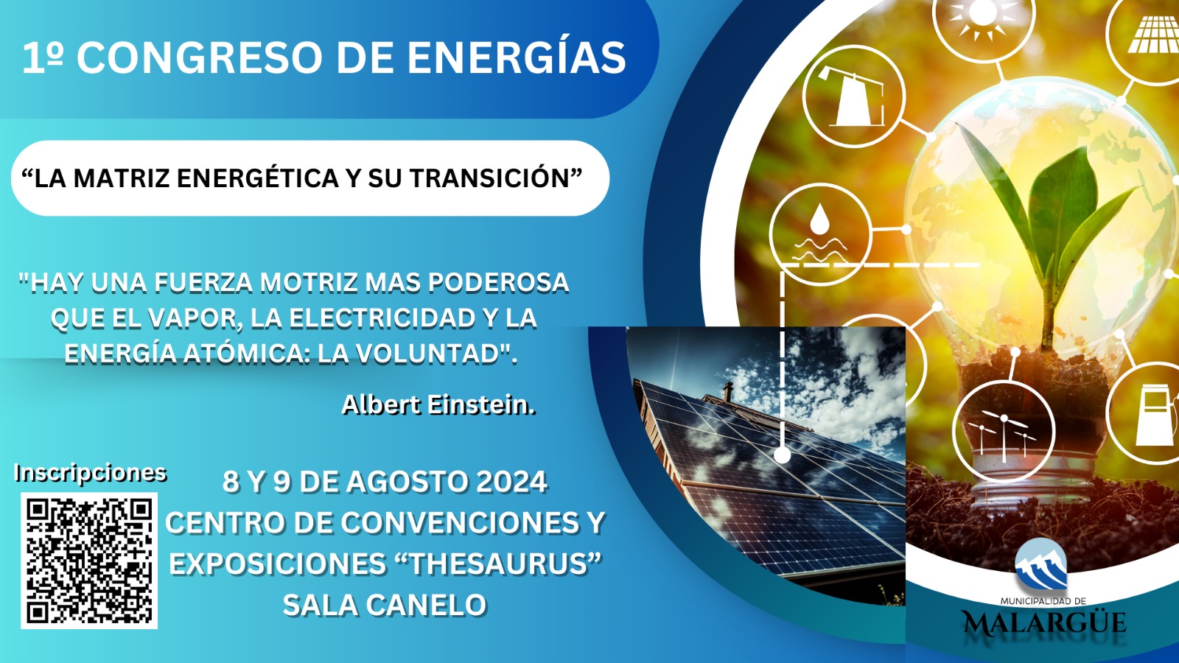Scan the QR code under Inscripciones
(x=89, y=561)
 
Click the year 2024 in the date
(x=511, y=482)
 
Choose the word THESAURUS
(x=498, y=564)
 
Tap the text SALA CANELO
(x=385, y=605)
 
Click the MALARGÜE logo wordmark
(x=1043, y=623)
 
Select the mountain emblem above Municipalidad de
(x=1040, y=564)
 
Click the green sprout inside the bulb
(x=1047, y=226)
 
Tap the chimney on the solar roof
(x=729, y=392)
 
